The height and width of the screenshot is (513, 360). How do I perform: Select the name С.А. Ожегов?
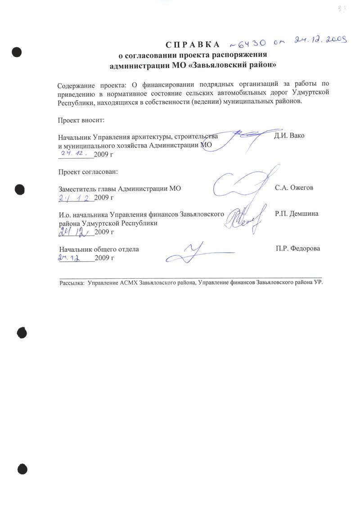click(x=294, y=188)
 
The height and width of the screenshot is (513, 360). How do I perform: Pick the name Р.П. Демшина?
click(x=297, y=214)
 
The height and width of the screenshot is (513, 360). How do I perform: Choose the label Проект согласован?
click(x=88, y=172)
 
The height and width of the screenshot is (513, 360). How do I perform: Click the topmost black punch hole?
click(x=17, y=52)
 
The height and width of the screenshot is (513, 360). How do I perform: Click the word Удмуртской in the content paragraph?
click(x=301, y=93)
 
